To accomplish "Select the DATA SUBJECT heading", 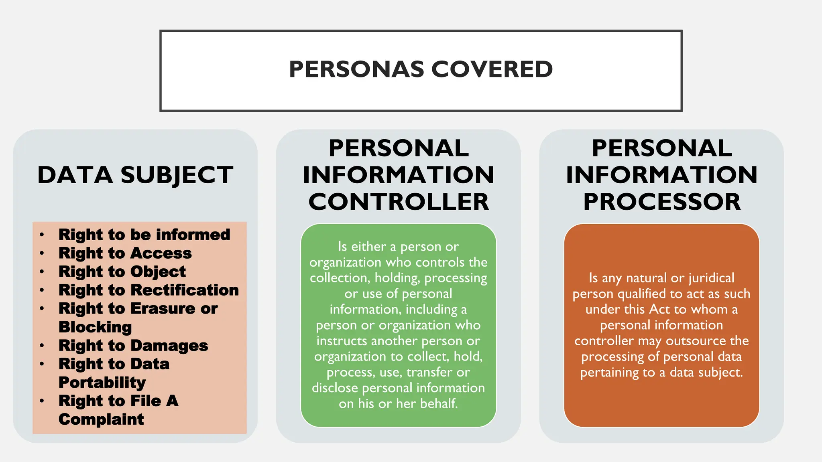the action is [x=135, y=175].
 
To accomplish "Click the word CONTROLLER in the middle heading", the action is [x=399, y=202].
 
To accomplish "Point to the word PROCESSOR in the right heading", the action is [x=662, y=202].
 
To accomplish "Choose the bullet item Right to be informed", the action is [x=144, y=235].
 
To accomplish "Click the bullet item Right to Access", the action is [x=125, y=253].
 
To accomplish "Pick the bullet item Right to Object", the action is [x=122, y=272].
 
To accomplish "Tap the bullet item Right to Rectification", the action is [x=149, y=290].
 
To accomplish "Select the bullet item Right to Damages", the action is [x=133, y=345].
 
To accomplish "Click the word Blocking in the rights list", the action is [x=95, y=327].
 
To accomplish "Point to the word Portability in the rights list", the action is [x=102, y=382].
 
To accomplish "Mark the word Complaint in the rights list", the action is [x=101, y=419].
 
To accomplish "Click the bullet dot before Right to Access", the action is [x=42, y=253].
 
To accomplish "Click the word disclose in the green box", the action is [x=335, y=388].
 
